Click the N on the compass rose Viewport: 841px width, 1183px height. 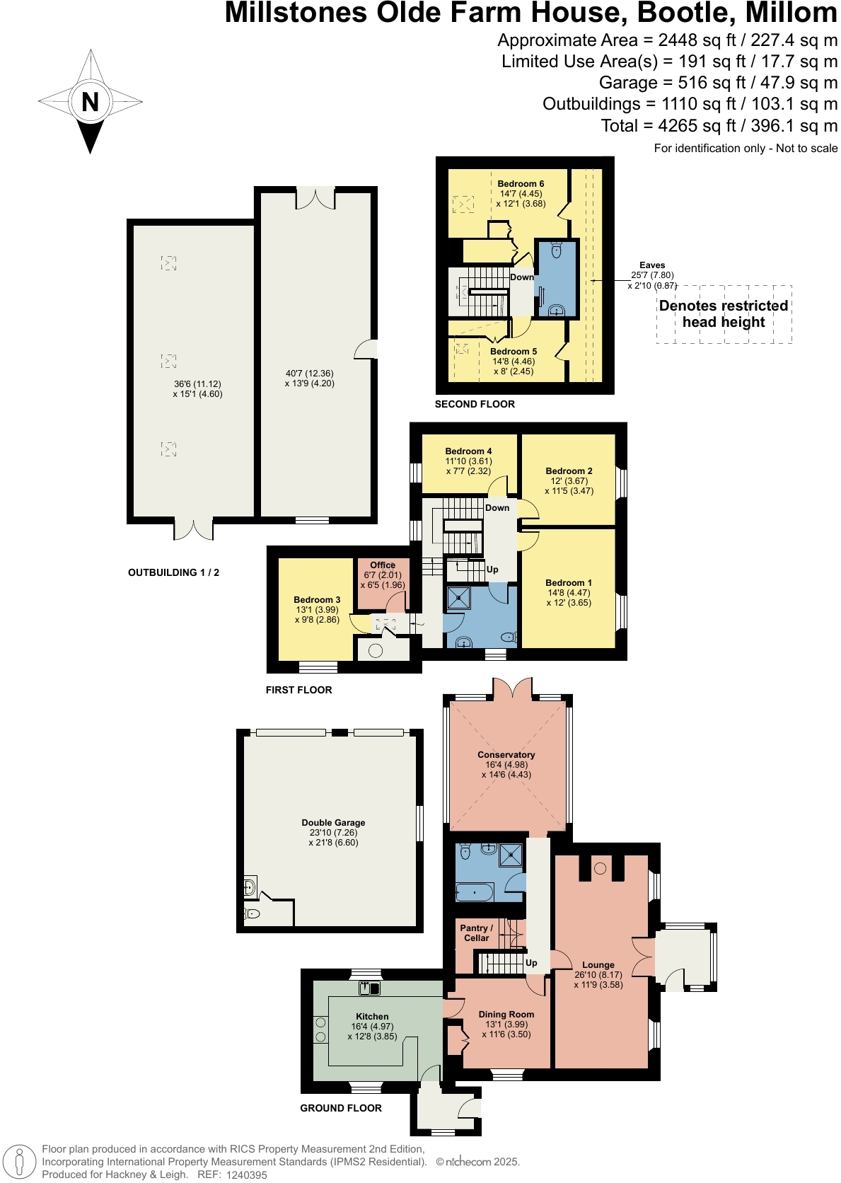pos(90,102)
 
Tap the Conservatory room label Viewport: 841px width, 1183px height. pos(506,755)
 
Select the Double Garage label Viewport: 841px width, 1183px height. pos(333,823)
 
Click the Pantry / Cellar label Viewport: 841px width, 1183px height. pos(476,933)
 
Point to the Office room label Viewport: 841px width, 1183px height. pos(383,565)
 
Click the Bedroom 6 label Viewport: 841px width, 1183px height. pos(521,184)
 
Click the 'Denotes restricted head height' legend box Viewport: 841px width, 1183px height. pos(724,314)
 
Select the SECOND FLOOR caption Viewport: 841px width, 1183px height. pos(475,404)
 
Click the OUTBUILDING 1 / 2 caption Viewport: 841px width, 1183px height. pos(173,572)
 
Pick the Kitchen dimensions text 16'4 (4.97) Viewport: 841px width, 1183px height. pos(372,1027)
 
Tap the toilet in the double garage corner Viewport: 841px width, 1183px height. pos(252,913)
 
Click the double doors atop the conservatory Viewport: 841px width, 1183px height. pos(512,690)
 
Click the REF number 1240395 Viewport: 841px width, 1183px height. pos(246,1175)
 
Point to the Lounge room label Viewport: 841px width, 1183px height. pos(598,965)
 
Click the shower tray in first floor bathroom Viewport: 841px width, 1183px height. pos(458,599)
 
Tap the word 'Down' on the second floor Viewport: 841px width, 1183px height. pos(522,277)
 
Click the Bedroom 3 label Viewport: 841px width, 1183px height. pos(317,600)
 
